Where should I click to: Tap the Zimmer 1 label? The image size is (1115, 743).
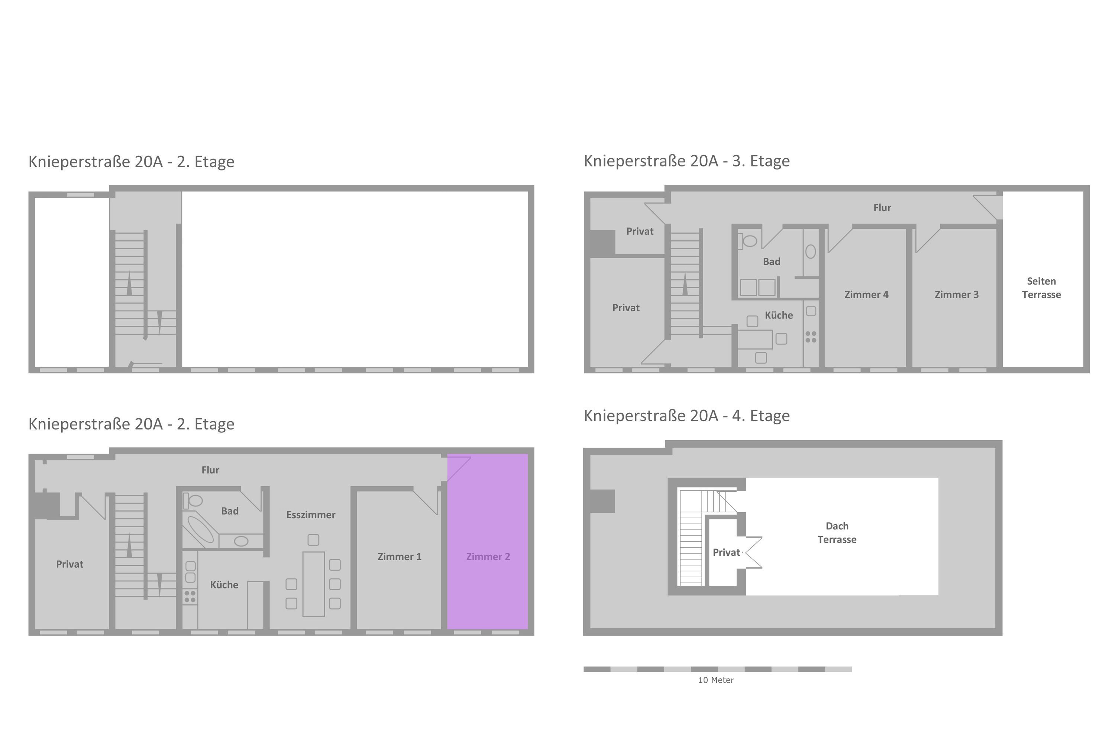pyautogui.click(x=399, y=557)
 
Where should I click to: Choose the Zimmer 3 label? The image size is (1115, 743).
pyautogui.click(x=956, y=295)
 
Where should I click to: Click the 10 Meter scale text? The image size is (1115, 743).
pyautogui.click(x=716, y=680)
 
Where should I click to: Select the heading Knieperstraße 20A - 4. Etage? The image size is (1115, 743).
pyautogui.click(x=686, y=416)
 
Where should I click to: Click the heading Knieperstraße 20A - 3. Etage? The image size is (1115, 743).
pyautogui.click(x=686, y=161)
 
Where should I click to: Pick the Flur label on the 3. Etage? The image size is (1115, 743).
pyautogui.click(x=882, y=208)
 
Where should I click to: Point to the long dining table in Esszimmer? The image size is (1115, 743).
pyautogui.click(x=313, y=584)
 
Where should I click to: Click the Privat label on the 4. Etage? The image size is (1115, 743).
pyautogui.click(x=726, y=552)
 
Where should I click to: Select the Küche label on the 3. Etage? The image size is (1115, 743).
pyautogui.click(x=778, y=315)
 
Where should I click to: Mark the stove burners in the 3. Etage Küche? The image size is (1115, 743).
pyautogui.click(x=811, y=337)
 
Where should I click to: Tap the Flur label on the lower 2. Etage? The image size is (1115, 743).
pyautogui.click(x=210, y=470)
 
